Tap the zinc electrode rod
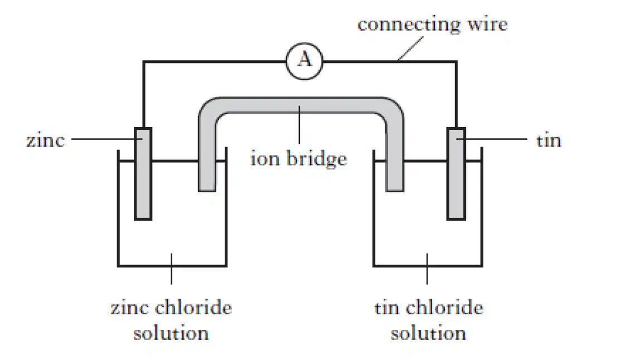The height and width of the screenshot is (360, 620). coord(143,173)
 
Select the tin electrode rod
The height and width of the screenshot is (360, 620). coord(456,173)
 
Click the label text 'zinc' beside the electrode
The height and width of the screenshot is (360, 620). coord(46,140)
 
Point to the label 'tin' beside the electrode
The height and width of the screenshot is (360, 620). coord(549,140)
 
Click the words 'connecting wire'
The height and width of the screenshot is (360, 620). coord(433,25)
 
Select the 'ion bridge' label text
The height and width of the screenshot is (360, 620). coord(299,159)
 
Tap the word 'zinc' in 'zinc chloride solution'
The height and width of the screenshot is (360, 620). coord(129,308)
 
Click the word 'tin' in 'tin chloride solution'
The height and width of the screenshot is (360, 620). coord(387,308)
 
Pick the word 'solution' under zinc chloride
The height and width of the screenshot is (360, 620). coord(171,333)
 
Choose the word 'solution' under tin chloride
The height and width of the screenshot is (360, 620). coord(428,333)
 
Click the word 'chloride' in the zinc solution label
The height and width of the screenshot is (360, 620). coord(193,308)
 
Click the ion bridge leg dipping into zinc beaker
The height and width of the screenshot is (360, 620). coord(207,158)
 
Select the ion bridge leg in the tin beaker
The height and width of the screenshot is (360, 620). coord(395,158)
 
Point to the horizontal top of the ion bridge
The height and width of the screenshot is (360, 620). coord(301,105)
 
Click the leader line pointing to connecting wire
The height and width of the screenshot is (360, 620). coord(411,48)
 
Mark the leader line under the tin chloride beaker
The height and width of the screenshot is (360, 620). coord(427,269)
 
